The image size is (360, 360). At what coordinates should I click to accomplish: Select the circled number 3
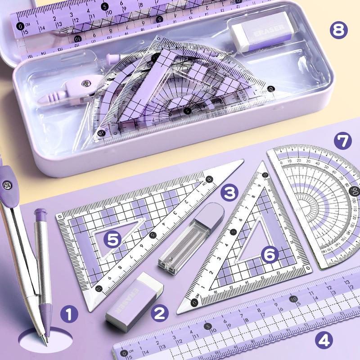click(230, 193)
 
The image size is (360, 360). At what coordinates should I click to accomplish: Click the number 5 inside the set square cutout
click(114, 238)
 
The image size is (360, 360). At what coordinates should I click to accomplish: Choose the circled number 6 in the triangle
click(270, 255)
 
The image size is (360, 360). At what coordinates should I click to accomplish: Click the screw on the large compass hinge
click(7, 184)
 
